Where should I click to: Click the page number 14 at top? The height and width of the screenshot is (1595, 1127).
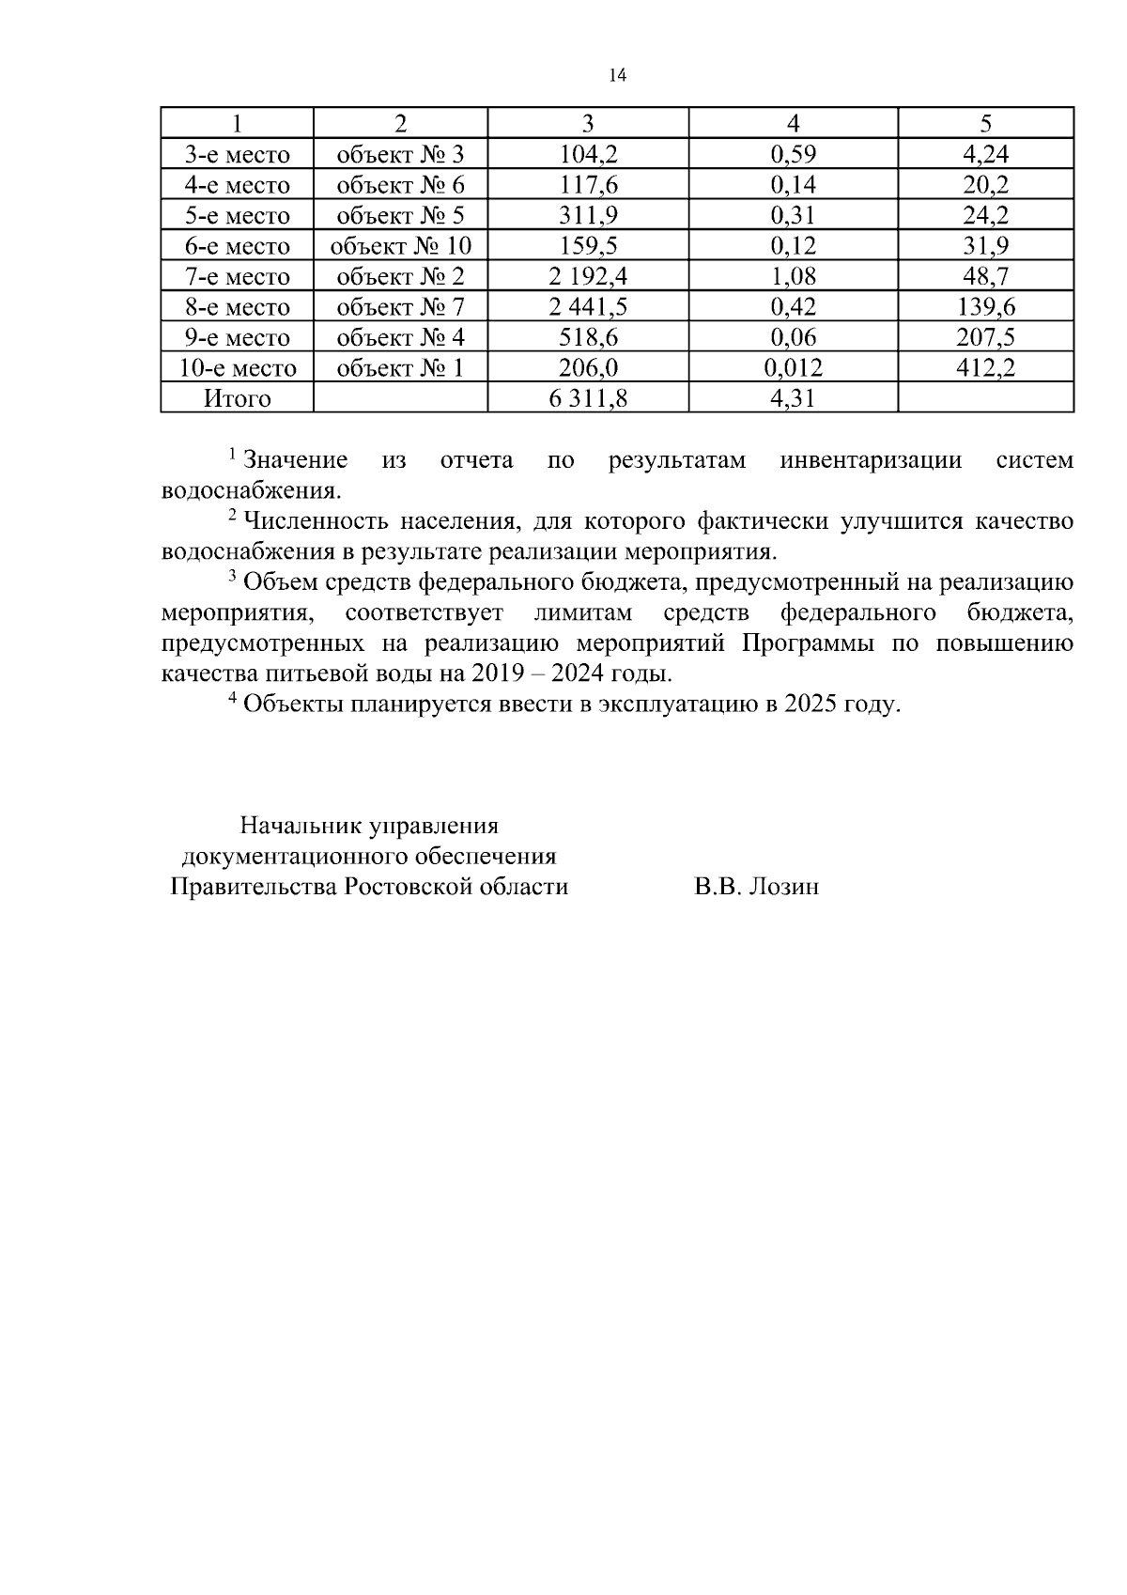coord(617,76)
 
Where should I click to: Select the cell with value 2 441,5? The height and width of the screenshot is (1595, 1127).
coord(588,307)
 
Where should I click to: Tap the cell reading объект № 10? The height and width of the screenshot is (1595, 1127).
coord(400,247)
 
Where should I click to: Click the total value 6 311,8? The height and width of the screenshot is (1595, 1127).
coord(588,398)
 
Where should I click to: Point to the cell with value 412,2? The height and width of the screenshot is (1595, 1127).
coord(985,368)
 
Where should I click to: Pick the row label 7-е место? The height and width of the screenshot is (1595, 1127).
coord(237,277)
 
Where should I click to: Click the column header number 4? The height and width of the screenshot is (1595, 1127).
coord(793,124)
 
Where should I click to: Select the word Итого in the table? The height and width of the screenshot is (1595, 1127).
coord(237,398)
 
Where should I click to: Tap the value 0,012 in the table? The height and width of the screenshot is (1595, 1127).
coord(793,368)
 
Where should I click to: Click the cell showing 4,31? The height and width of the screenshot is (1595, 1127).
coord(793,398)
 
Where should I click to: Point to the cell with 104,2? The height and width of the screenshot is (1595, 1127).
coord(588,155)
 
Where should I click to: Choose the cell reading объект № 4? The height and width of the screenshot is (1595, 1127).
coord(400,338)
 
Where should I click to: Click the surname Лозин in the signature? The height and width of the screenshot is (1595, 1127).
coord(782,887)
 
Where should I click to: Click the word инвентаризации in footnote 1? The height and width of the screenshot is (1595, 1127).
coord(871,461)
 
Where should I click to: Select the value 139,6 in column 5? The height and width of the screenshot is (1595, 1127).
coord(985,307)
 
